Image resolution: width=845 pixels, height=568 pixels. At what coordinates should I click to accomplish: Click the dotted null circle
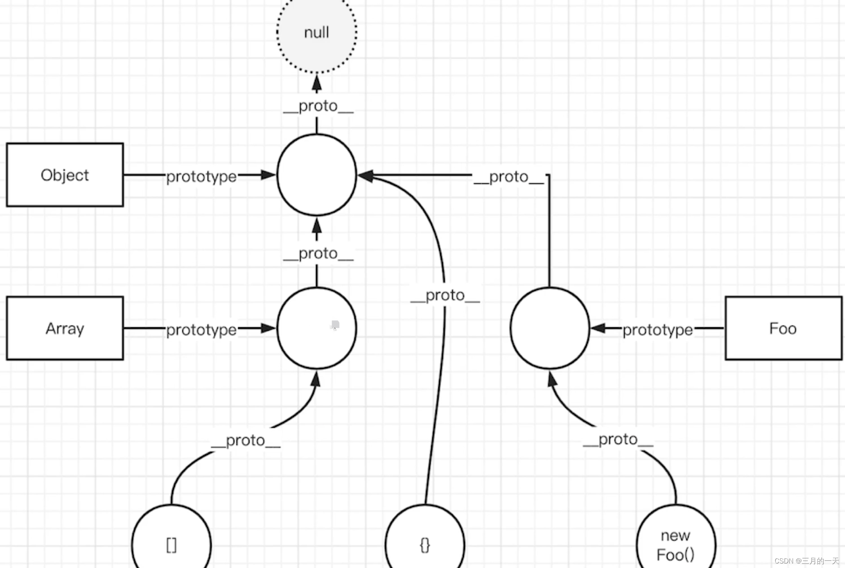click(x=317, y=33)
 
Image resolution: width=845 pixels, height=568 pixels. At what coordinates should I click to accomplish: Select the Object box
click(x=65, y=175)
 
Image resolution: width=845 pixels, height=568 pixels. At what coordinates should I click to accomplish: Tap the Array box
click(x=65, y=328)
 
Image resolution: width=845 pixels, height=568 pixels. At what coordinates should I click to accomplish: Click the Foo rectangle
click(x=783, y=328)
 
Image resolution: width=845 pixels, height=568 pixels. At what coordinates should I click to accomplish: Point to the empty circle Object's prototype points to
click(x=317, y=175)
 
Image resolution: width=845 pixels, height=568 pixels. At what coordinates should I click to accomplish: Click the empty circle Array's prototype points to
click(x=317, y=328)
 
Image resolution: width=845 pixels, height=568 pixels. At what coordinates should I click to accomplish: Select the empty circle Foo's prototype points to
click(x=550, y=328)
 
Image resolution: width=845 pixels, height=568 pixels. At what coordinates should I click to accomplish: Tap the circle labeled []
click(x=172, y=542)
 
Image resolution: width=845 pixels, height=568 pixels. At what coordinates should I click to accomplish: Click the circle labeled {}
click(x=425, y=542)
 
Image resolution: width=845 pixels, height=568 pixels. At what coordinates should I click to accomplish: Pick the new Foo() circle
click(x=676, y=544)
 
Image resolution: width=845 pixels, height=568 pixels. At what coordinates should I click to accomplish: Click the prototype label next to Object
click(x=201, y=176)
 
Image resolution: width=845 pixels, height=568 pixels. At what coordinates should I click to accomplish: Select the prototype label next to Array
click(x=201, y=330)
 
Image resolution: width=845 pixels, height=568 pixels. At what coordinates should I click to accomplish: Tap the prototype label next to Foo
click(x=657, y=330)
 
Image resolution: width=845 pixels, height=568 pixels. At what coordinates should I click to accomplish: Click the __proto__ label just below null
click(x=318, y=106)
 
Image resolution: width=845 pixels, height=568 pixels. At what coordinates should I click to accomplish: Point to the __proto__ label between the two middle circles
click(x=318, y=254)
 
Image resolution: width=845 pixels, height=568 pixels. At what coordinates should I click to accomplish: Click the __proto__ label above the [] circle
click(x=246, y=440)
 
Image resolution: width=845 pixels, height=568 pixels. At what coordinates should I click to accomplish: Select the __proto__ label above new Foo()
click(x=618, y=439)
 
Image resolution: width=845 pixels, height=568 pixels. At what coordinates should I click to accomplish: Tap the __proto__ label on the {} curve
click(x=445, y=296)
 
